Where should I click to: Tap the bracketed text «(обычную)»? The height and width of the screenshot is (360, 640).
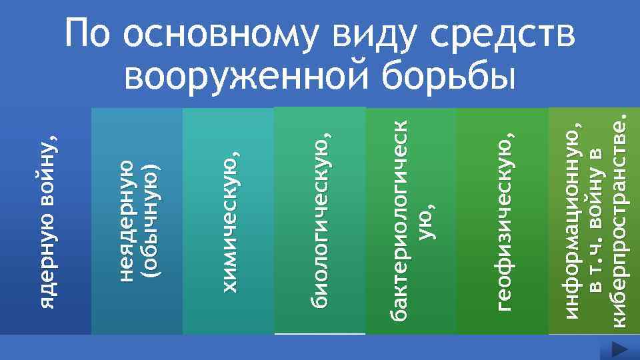click(151, 220)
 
